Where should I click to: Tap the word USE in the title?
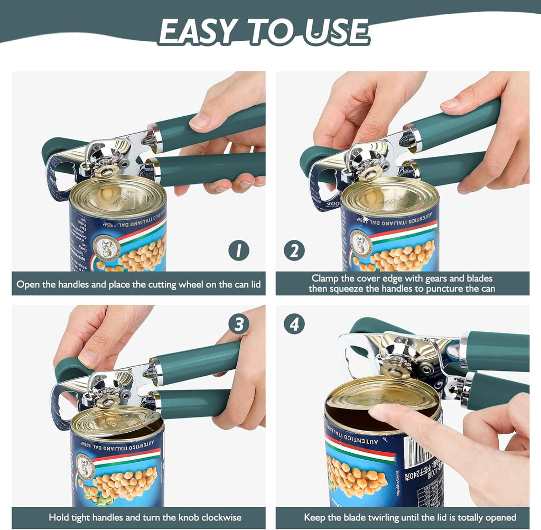(334, 32)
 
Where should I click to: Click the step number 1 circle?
(238, 250)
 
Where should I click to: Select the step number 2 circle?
(294, 250)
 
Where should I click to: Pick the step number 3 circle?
(238, 323)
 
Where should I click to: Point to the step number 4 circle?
(294, 323)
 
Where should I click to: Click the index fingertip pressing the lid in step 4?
(377, 413)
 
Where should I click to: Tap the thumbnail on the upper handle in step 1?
(200, 122)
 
